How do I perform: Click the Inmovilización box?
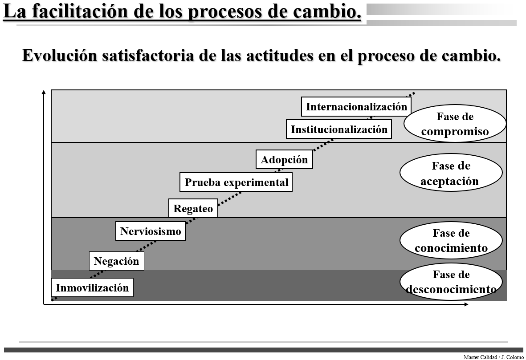click(x=92, y=287)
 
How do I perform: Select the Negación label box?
click(x=116, y=261)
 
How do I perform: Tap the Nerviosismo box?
click(x=151, y=231)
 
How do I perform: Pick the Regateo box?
click(x=193, y=208)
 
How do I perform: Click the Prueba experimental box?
click(x=236, y=182)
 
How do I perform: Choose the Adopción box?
click(x=284, y=160)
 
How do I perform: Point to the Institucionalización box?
click(x=339, y=129)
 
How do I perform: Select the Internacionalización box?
click(x=356, y=107)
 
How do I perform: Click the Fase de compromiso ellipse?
click(x=455, y=124)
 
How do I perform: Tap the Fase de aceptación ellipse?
click(x=451, y=173)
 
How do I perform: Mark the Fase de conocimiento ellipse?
click(x=451, y=240)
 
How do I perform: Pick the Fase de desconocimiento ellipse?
click(x=451, y=282)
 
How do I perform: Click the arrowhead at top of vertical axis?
click(x=44, y=92)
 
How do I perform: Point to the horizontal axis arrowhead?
click(x=466, y=304)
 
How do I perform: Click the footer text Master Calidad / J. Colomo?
click(x=493, y=357)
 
